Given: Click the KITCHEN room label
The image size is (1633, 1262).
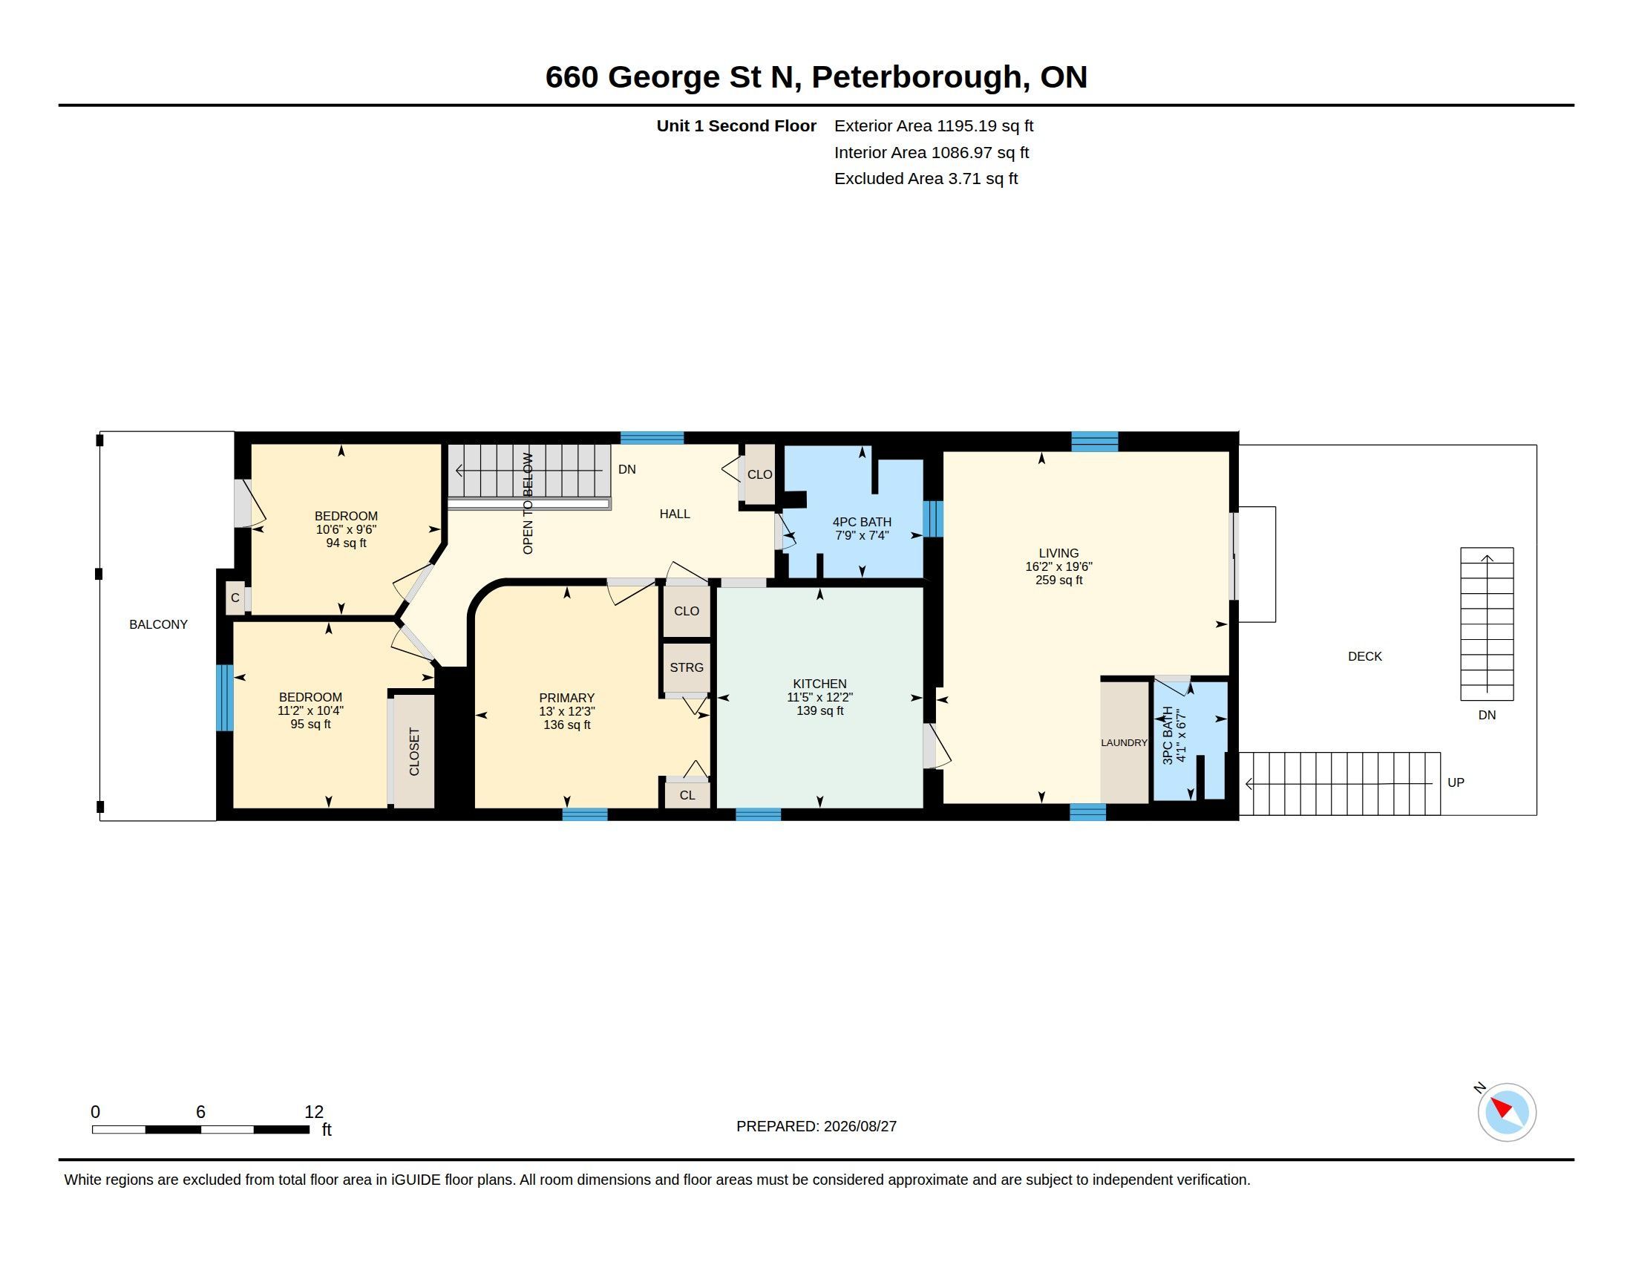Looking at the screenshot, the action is [819, 683].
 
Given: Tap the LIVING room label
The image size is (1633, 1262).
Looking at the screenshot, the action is [1058, 553].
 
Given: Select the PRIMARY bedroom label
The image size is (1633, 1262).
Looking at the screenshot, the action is [567, 698].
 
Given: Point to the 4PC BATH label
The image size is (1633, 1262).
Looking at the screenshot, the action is [861, 522].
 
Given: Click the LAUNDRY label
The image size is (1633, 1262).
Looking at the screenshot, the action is [1124, 742].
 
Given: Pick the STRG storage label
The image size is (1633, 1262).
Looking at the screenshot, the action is [687, 667].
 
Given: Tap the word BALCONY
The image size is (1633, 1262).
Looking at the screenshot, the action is [159, 624].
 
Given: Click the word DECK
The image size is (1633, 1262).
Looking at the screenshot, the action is [1364, 655].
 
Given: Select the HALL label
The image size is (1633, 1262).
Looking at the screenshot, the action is [675, 514].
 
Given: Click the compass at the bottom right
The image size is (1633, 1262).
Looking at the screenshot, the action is [1506, 1112].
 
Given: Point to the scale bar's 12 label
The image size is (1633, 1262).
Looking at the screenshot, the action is [314, 1112].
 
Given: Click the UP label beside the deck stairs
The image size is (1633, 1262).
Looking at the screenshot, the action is [1455, 782].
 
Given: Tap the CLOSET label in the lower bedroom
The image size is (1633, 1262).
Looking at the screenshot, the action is [414, 751].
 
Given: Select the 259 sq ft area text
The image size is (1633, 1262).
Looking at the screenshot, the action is [1058, 581].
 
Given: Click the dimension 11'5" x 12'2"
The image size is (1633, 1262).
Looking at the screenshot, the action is [819, 697].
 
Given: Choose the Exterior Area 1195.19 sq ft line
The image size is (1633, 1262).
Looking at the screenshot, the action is [933, 125].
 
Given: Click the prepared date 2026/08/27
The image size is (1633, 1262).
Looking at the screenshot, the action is [860, 1126].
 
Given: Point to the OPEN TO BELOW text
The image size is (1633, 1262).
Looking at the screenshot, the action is [528, 503].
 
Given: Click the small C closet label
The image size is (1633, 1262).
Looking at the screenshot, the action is [235, 598].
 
